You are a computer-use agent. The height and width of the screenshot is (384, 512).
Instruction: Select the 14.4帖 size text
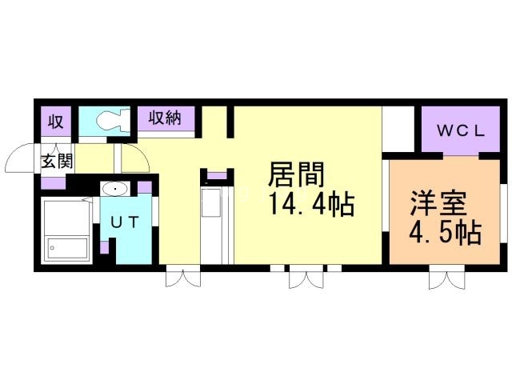(x=311, y=206)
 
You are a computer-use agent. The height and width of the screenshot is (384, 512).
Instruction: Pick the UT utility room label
(x=125, y=223)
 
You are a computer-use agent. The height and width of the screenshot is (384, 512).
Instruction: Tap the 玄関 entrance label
(x=57, y=160)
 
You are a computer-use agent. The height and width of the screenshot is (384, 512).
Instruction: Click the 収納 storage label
(x=164, y=118)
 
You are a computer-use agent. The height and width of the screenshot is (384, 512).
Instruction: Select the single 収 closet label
(x=55, y=122)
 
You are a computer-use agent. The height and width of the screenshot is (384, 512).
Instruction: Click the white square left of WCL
(x=397, y=128)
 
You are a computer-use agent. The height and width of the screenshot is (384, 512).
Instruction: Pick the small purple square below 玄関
(x=54, y=182)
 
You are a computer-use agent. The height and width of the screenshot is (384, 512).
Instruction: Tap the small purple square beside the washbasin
(x=145, y=188)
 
